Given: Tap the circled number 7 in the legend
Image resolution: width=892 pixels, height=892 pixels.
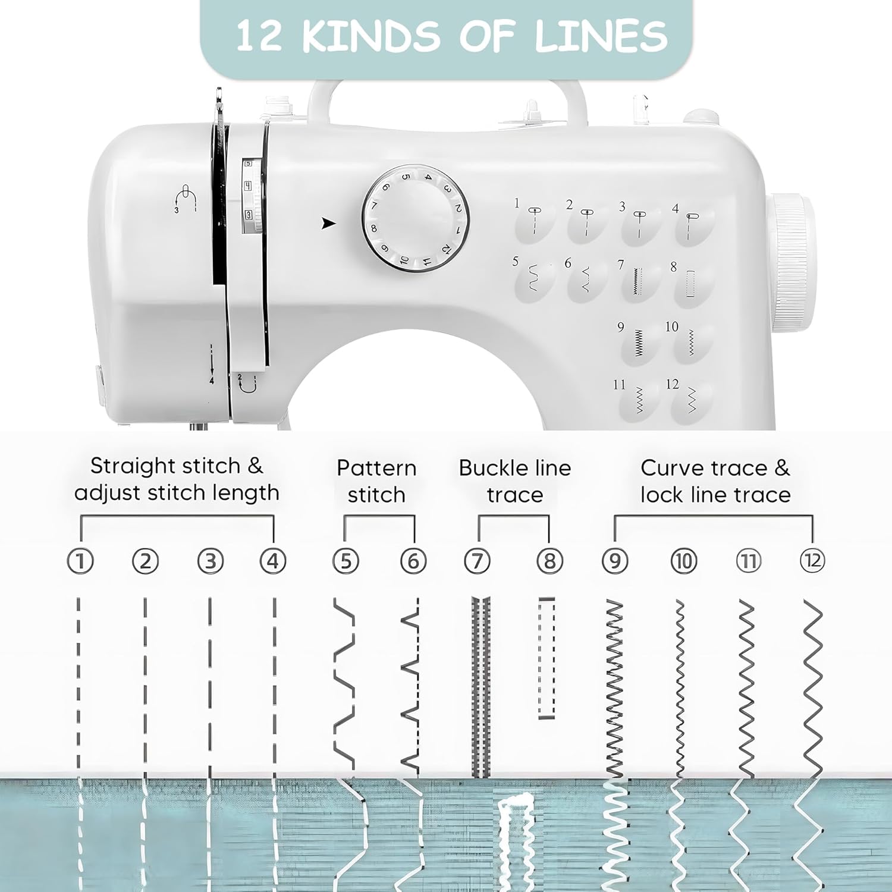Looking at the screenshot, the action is click(x=477, y=561).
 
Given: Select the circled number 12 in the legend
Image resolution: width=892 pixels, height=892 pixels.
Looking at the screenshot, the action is click(x=812, y=561).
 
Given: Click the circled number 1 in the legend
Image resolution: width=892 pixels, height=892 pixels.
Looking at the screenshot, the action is click(x=80, y=561).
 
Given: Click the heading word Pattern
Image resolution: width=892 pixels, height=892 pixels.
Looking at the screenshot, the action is click(x=376, y=468).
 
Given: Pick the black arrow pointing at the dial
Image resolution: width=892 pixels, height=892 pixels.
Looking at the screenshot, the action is click(x=328, y=224).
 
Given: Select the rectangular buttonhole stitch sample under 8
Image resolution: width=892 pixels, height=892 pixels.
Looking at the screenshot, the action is click(x=546, y=659).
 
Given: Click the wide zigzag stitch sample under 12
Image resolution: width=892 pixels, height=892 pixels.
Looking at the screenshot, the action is click(x=813, y=689).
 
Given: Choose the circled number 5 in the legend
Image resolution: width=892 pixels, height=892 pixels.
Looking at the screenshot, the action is click(x=346, y=561).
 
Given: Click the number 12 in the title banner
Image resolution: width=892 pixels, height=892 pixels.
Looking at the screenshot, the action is click(x=258, y=36).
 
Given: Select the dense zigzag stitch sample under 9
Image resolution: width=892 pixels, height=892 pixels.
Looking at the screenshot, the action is click(x=614, y=689).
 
